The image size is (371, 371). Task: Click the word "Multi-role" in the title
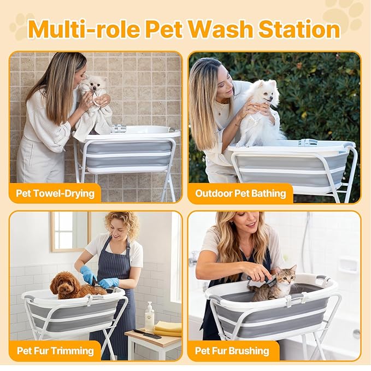83,28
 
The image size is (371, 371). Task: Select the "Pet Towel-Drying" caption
55,193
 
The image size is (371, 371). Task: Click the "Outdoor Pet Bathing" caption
240,193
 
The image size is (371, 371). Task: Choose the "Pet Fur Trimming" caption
55,350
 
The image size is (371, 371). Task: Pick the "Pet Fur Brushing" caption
233,350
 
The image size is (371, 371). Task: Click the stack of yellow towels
168,328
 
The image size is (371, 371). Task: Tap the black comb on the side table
148,334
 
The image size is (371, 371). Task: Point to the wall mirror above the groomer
70,231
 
